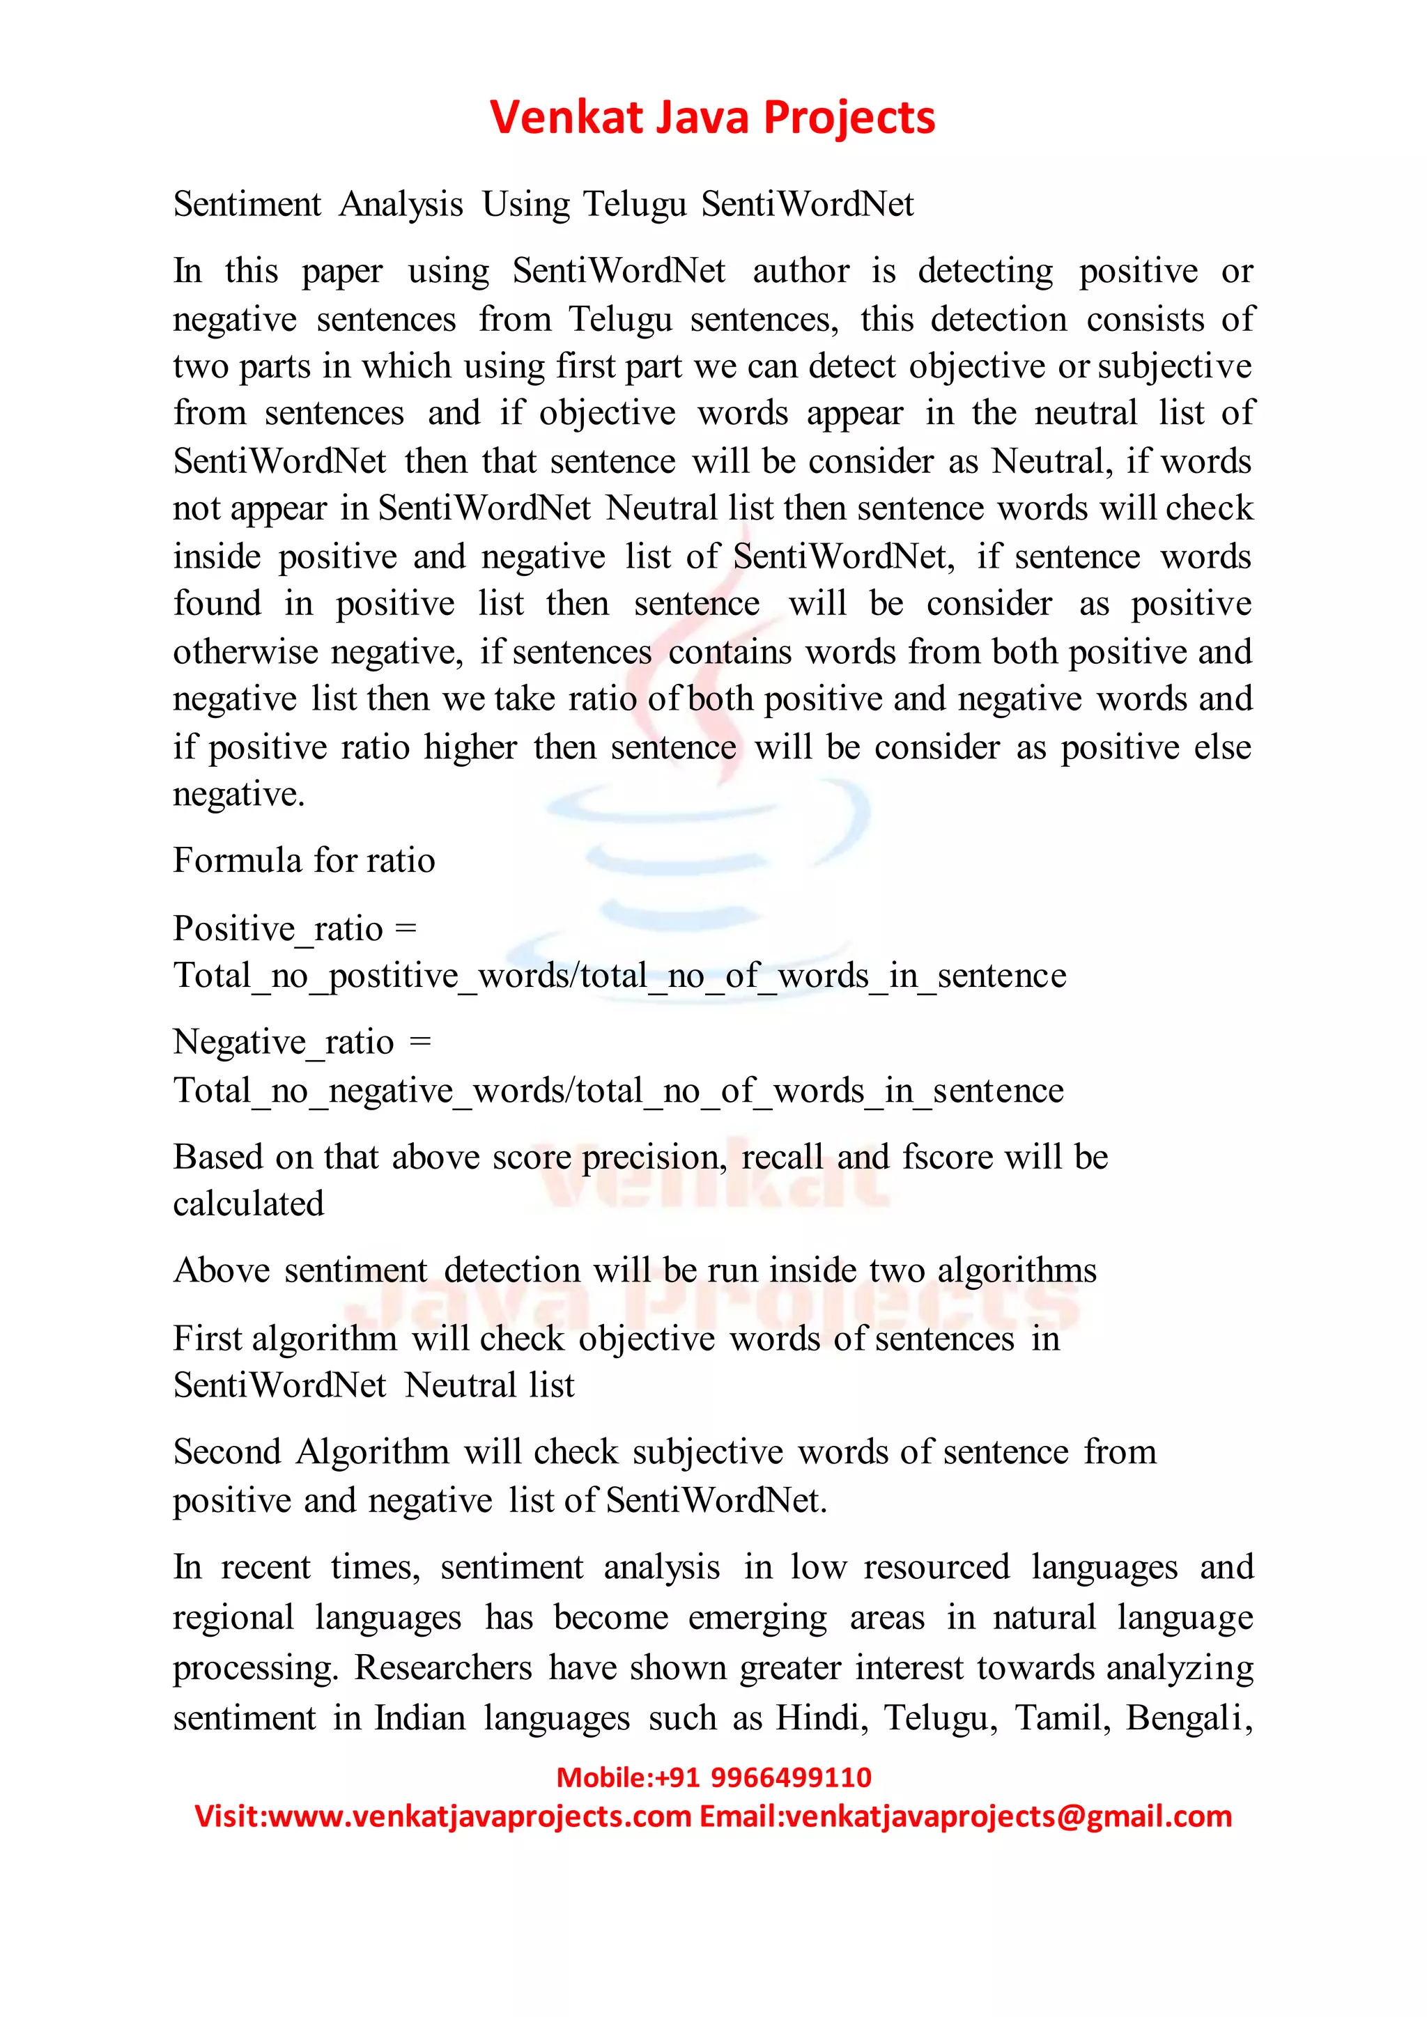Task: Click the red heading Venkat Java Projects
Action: tap(713, 118)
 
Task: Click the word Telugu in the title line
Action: tap(635, 205)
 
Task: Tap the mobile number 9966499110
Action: tap(790, 1777)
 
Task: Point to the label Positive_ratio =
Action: tap(294, 928)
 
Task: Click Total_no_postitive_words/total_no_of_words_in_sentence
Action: tap(619, 976)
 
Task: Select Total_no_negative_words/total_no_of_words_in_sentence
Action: tap(619, 1091)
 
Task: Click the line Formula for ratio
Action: tap(304, 861)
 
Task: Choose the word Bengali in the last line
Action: tap(1188, 1718)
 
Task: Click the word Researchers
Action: tap(443, 1668)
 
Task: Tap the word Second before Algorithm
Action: tap(226, 1452)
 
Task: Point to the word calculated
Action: tap(249, 1204)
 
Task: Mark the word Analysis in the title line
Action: tap(401, 205)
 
